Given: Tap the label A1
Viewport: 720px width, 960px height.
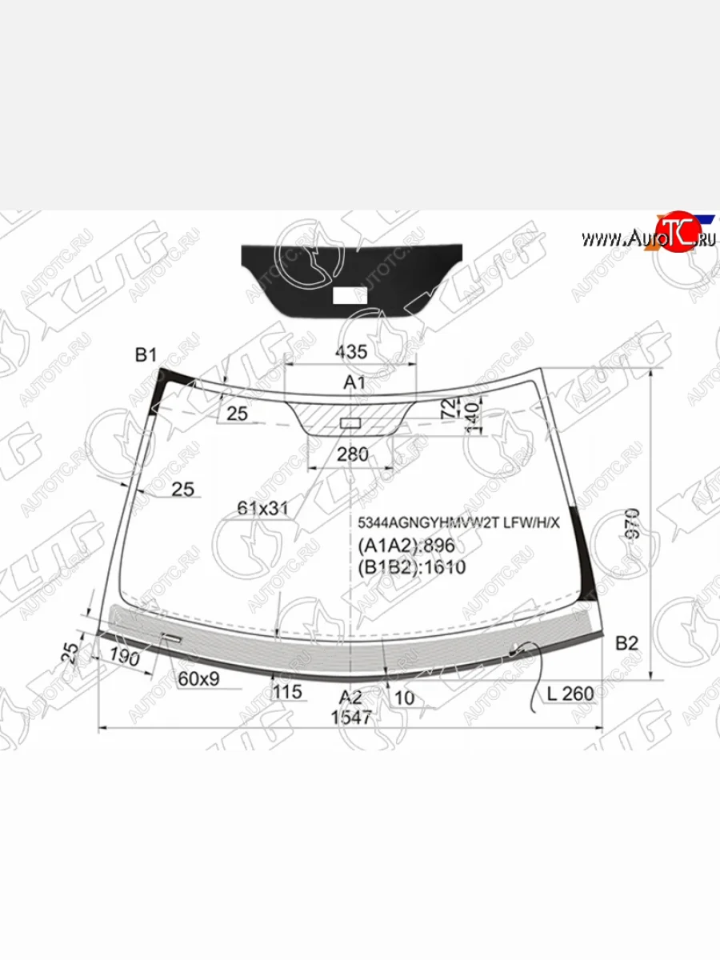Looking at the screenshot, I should coord(354,383).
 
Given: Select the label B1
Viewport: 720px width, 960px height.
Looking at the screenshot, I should coord(145,354).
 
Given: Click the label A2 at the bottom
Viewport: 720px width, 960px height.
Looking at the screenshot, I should coord(350,696).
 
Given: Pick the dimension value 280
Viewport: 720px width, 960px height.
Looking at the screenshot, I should coord(352,454).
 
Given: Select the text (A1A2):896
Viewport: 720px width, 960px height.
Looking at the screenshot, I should coord(406,546).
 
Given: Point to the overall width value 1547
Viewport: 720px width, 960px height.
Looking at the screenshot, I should coord(352,717).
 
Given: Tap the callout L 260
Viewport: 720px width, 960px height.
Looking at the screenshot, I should coord(570,693).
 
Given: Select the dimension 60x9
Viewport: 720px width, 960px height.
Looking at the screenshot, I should coord(198,679).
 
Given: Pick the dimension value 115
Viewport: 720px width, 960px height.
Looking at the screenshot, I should coord(287,691).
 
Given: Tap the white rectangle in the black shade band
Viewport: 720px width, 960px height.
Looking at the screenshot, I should coord(350,295).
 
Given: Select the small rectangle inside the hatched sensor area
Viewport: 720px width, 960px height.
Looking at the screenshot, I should coord(350,422).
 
